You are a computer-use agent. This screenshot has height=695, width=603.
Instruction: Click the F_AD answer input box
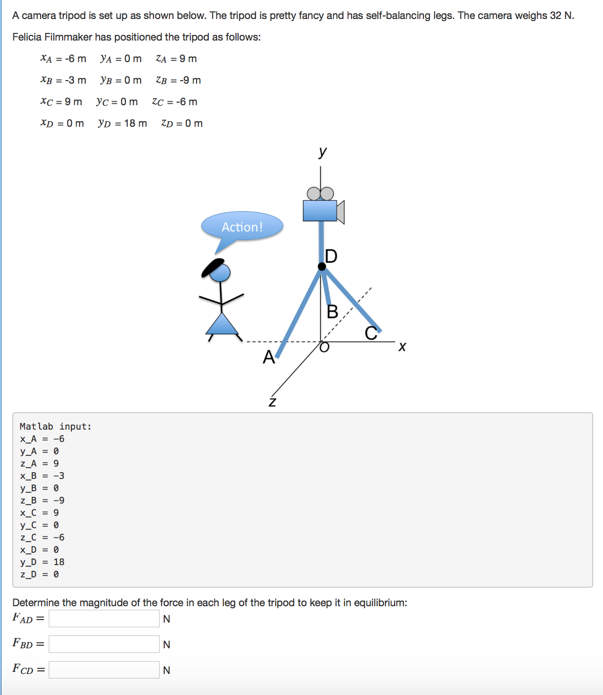pyautogui.click(x=104, y=619)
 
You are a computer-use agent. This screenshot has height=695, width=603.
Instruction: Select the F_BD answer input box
pyautogui.click(x=104, y=644)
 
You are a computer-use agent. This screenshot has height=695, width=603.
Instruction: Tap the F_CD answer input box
pyautogui.click(x=104, y=670)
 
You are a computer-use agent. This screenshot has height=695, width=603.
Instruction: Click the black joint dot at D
pyautogui.click(x=322, y=266)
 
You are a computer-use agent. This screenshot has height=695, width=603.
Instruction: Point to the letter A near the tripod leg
pyautogui.click(x=268, y=357)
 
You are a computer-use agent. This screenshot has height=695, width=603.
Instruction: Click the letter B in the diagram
pyautogui.click(x=333, y=312)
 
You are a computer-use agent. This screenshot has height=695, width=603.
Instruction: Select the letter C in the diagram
pyautogui.click(x=371, y=334)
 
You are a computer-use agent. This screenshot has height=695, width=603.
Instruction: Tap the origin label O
pyautogui.click(x=324, y=347)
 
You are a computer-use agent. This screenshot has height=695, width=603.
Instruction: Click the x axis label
pyautogui.click(x=402, y=347)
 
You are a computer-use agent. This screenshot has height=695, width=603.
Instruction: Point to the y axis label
pyautogui.click(x=322, y=151)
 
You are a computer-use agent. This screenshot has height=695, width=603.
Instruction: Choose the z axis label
pyautogui.click(x=273, y=401)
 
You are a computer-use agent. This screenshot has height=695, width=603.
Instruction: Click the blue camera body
pyautogui.click(x=320, y=211)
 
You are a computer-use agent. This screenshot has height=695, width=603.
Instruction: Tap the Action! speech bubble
pyautogui.click(x=242, y=226)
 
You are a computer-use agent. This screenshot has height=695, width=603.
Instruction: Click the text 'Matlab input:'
pyautogui.click(x=55, y=427)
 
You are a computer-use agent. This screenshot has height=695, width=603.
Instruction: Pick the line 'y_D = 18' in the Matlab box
pyautogui.click(x=42, y=562)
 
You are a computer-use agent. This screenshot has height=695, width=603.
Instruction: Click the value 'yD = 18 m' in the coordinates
pyautogui.click(x=122, y=123)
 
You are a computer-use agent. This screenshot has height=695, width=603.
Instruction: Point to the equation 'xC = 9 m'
pyautogui.click(x=61, y=102)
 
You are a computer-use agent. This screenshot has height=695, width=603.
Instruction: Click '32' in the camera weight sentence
pyautogui.click(x=555, y=15)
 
